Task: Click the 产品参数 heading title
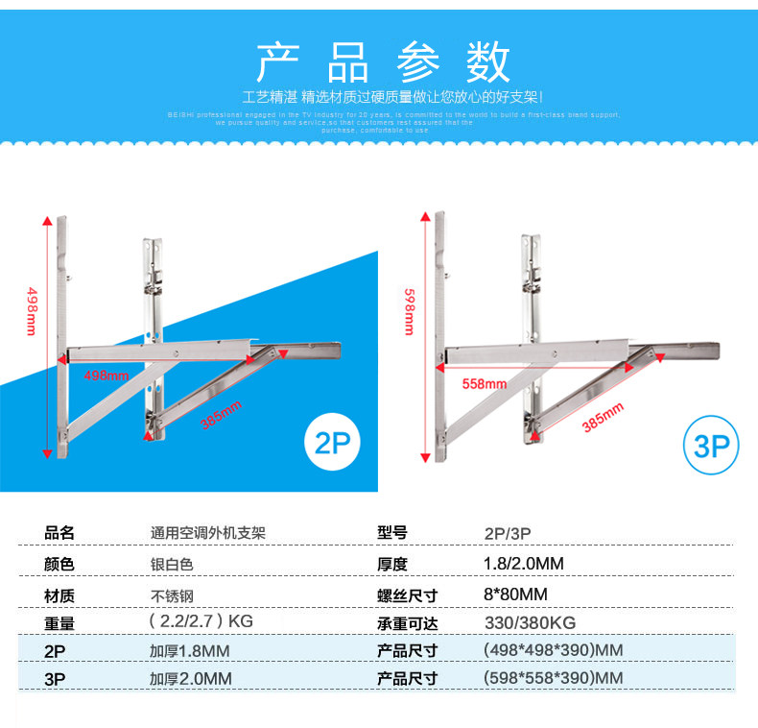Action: point(382,61)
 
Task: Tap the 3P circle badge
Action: point(711,446)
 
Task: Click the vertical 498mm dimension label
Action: point(32,311)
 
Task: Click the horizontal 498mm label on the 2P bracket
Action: point(107,375)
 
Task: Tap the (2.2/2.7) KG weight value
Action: point(201,621)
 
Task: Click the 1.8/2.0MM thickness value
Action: point(523,564)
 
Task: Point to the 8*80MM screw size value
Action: point(515,594)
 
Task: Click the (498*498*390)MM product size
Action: point(552,650)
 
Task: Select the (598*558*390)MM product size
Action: point(552,678)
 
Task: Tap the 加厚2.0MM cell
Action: point(191,678)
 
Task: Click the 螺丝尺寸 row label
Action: point(408,595)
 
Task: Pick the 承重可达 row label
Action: point(408,622)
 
